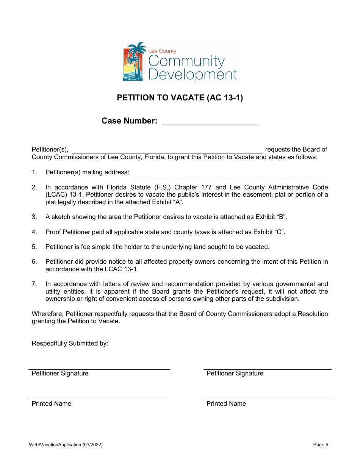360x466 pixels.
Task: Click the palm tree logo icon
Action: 133,62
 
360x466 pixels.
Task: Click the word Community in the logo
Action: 186,61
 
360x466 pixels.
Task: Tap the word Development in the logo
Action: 193,74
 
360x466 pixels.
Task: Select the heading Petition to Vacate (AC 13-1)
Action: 180,98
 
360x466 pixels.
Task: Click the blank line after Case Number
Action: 210,121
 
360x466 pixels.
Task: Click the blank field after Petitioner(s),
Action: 167,150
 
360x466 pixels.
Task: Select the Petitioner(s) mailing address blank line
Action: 233,172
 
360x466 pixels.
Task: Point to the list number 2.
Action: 34,187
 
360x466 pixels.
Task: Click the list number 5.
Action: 34,247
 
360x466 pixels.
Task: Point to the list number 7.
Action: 34,284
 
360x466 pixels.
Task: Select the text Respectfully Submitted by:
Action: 70,344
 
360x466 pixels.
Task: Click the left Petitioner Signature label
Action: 60,374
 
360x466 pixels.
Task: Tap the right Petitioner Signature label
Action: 235,374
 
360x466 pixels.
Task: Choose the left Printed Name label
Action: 52,404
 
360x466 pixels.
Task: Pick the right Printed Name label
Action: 226,404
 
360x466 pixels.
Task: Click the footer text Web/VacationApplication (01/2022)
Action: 66,445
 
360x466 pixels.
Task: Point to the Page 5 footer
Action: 321,445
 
